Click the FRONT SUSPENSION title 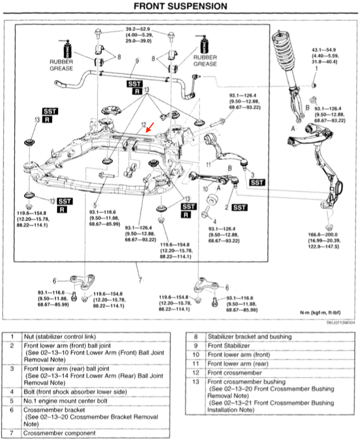click(x=180, y=7)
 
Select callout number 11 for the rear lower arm click(x=208, y=164)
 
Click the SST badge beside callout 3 click(x=257, y=181)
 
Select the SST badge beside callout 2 click(x=239, y=207)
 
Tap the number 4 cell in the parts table click(x=11, y=391)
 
